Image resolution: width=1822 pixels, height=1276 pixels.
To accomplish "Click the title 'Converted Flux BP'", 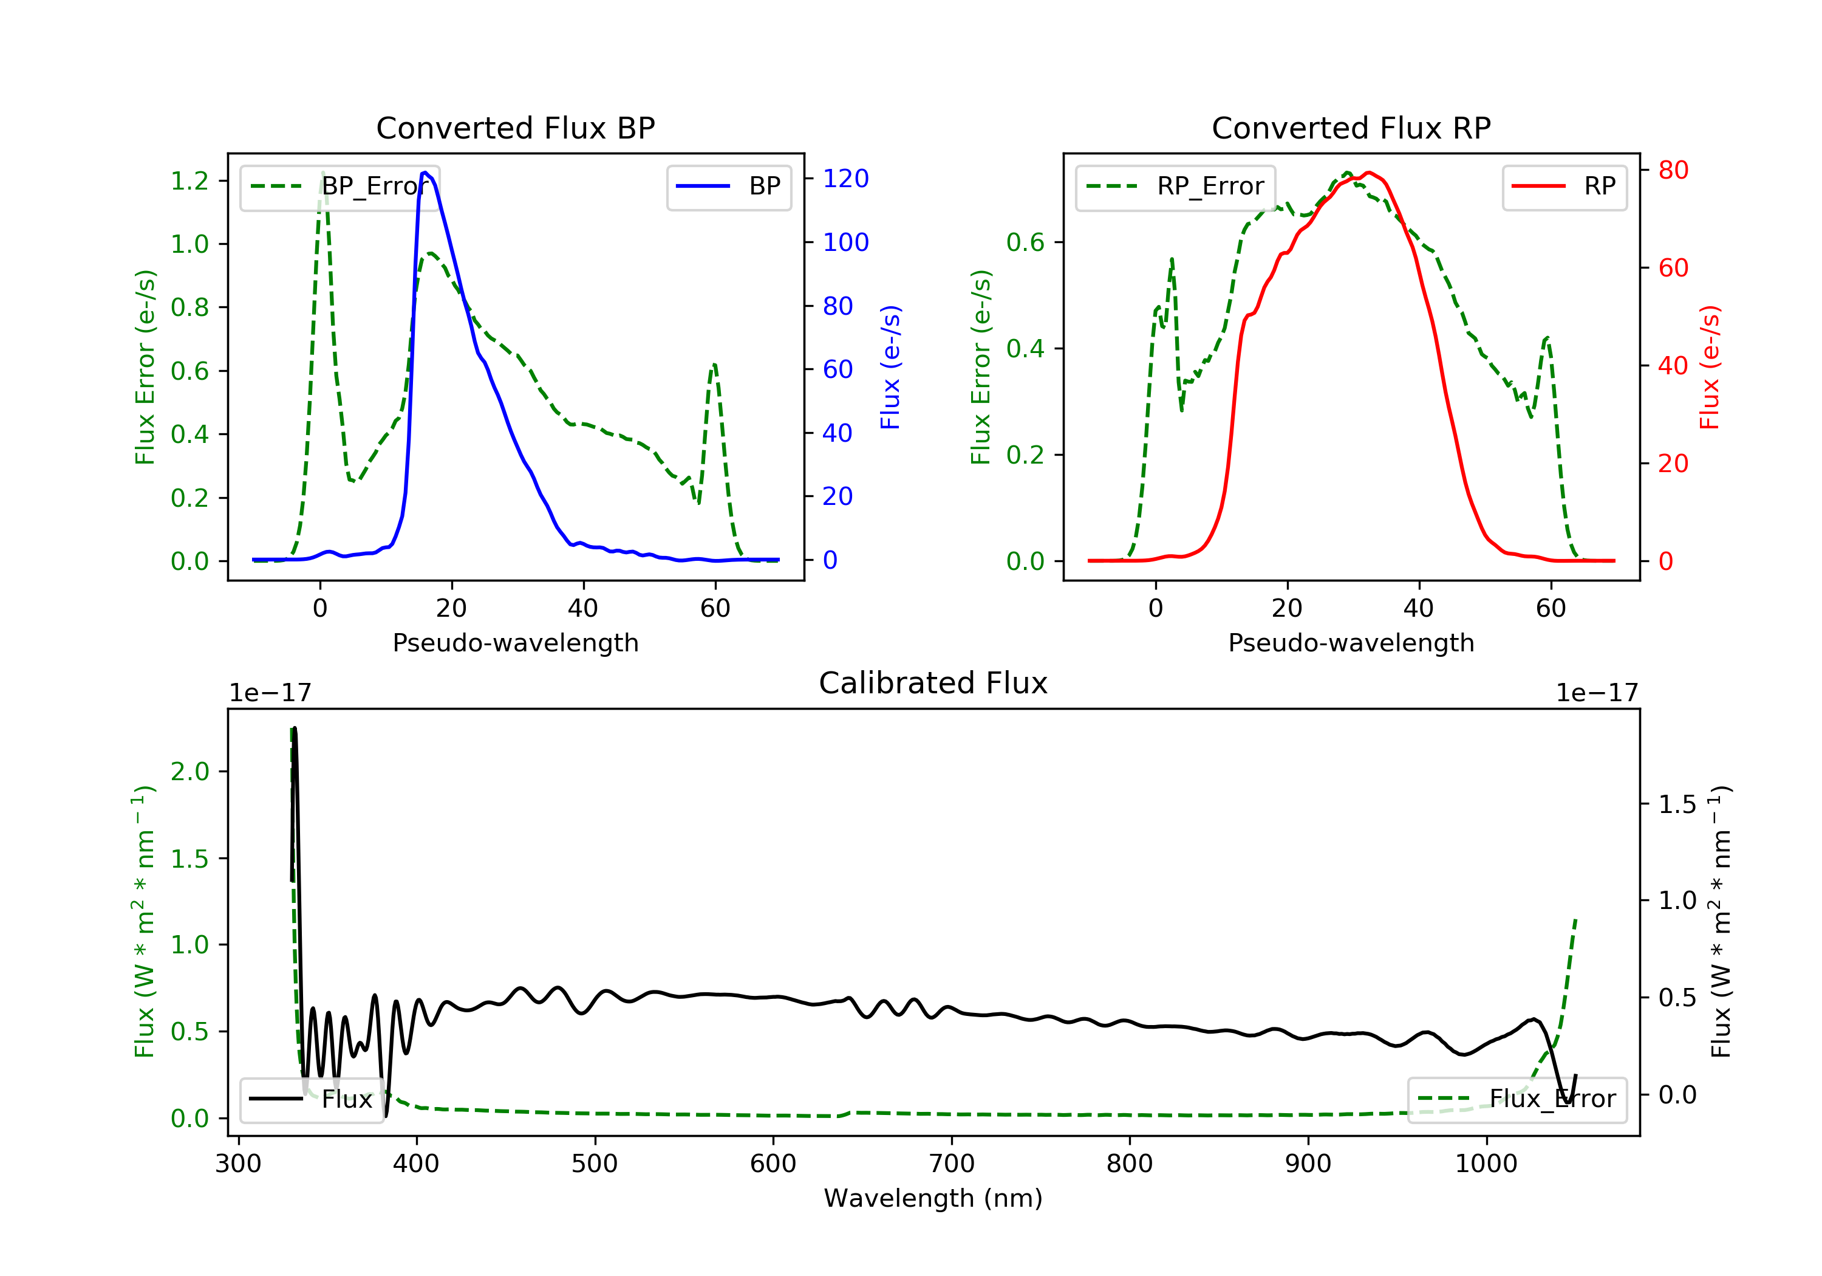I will click(515, 128).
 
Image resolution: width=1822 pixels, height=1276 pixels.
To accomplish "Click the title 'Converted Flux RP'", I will click(1351, 128).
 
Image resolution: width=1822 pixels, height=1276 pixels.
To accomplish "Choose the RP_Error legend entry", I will click(1175, 187).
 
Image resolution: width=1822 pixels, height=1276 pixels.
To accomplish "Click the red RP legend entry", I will click(1564, 187).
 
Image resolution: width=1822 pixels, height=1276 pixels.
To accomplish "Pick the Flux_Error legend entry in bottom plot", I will click(1517, 1099).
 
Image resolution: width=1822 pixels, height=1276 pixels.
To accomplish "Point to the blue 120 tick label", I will click(845, 179).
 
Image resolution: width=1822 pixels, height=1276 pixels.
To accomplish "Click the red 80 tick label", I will click(1673, 170).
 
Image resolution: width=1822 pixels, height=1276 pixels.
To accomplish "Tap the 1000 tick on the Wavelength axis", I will click(1486, 1164).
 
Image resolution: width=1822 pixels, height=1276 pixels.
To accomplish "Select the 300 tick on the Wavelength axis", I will click(238, 1164).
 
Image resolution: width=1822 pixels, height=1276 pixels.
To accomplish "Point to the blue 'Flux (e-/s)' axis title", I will click(890, 367).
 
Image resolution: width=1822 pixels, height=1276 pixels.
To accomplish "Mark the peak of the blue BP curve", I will click(425, 173).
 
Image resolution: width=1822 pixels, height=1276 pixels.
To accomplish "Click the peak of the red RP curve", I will click(1369, 173).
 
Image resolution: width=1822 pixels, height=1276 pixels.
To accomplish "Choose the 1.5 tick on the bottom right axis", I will click(1677, 804).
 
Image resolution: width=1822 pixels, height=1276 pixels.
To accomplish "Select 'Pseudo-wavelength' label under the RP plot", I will click(1351, 642).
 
